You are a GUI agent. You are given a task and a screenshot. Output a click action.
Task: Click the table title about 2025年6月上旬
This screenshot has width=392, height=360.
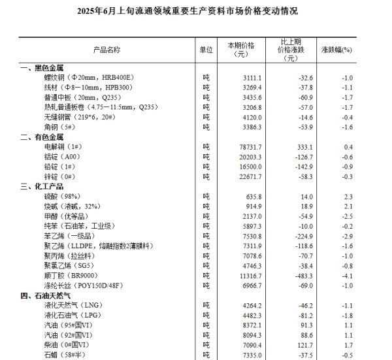(196, 11)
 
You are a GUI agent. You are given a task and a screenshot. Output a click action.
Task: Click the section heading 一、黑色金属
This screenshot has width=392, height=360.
(42, 68)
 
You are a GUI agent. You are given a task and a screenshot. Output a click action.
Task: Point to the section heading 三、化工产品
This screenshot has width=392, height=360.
(42, 186)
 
